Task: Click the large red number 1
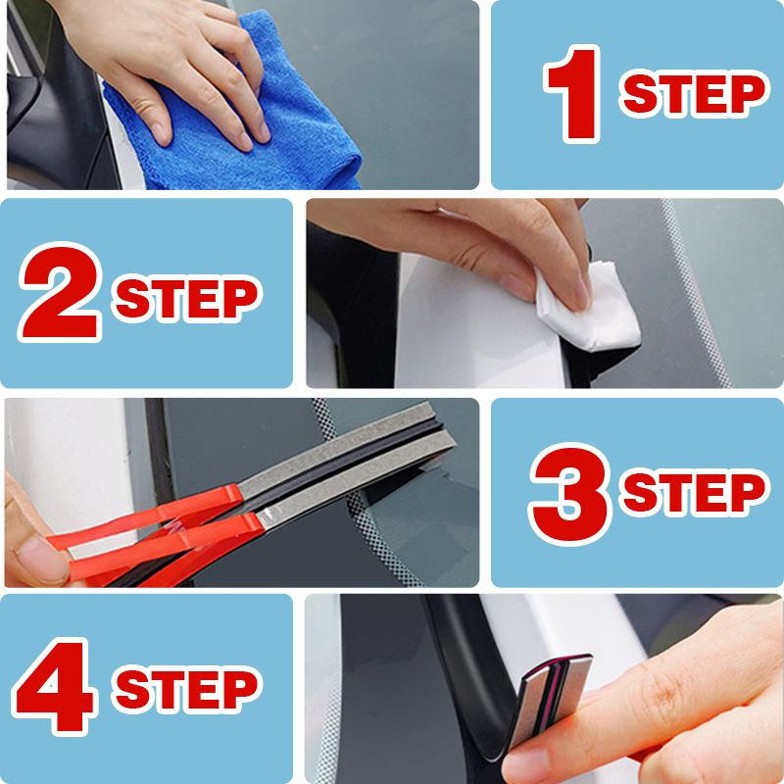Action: click(575, 96)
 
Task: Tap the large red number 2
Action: click(61, 294)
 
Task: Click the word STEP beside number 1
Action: click(694, 95)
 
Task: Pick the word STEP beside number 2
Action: click(187, 295)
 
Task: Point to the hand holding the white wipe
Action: click(470, 245)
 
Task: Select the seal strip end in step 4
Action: click(554, 691)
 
